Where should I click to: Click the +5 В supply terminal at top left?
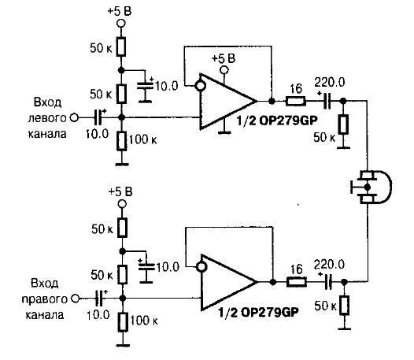point(120,24)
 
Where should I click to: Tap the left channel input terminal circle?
point(74,117)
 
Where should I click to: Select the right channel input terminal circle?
point(76,299)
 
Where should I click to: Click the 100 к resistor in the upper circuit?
point(121,141)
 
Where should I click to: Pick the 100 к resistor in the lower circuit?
point(123,322)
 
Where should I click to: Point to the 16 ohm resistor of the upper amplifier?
point(296,102)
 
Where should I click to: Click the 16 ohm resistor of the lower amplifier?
point(297,282)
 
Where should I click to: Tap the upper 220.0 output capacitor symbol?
point(327,101)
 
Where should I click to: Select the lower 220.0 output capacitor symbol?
point(327,282)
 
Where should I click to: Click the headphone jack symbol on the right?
point(371,187)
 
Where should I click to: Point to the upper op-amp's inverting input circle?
point(201,86)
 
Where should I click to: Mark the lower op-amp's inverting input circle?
point(201,267)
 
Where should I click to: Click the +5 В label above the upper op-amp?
point(224,58)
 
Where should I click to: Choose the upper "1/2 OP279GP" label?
point(277,121)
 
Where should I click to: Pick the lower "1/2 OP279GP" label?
point(258,313)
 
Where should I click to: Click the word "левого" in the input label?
point(47,118)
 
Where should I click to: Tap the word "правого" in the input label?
point(45,299)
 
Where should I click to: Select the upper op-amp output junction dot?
point(272,101)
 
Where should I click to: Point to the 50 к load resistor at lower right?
point(345,306)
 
